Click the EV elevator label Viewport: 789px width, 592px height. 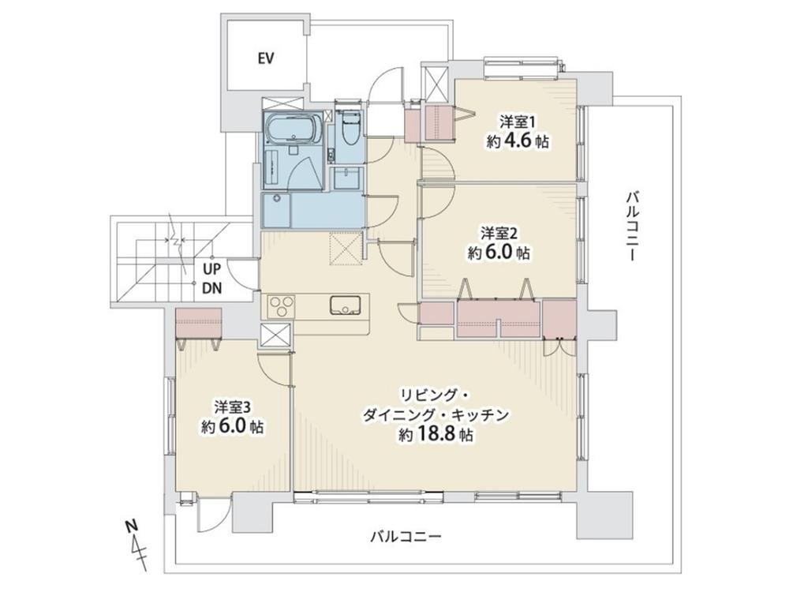(x=266, y=59)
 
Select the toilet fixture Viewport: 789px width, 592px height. (x=349, y=129)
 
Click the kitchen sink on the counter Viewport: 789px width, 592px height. (x=346, y=305)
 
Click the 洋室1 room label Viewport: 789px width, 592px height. (x=512, y=122)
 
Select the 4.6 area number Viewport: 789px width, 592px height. (x=517, y=141)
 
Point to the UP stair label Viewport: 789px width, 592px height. (x=211, y=269)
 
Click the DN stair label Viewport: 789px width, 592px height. (x=211, y=288)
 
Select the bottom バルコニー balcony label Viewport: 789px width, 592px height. (x=406, y=537)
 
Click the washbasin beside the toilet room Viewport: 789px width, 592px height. (x=346, y=178)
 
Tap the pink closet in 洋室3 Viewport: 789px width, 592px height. (x=198, y=323)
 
